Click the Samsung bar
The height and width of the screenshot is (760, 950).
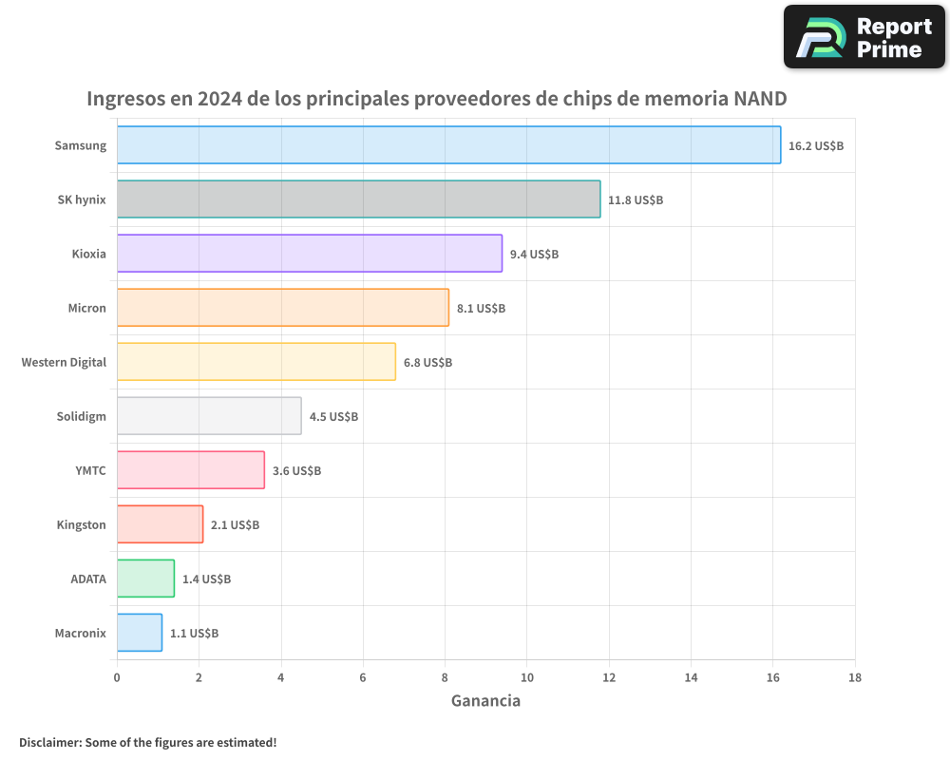click(x=448, y=145)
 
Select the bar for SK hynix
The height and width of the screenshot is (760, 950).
click(x=358, y=199)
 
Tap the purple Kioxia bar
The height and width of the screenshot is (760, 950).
click(x=309, y=254)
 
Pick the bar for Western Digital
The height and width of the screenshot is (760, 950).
click(x=256, y=362)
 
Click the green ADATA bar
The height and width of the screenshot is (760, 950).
click(x=145, y=579)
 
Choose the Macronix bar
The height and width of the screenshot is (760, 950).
click(x=140, y=633)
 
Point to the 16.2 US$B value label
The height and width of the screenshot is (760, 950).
click(x=816, y=146)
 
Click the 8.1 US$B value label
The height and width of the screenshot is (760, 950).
click(x=481, y=309)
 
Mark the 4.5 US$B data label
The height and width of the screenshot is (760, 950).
click(x=333, y=417)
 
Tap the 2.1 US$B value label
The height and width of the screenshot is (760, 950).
click(x=235, y=525)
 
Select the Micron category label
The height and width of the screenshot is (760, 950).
click(x=86, y=308)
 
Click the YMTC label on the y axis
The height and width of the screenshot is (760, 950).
click(x=90, y=470)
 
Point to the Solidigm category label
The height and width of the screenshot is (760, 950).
click(x=81, y=416)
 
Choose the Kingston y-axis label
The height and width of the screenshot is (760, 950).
click(x=82, y=524)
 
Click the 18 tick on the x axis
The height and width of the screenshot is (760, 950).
click(x=855, y=677)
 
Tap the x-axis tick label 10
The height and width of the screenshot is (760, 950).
click(x=526, y=677)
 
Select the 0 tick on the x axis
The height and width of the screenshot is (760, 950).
click(x=117, y=677)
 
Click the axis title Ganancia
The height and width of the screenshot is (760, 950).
click(x=485, y=701)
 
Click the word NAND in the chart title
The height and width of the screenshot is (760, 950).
click(x=760, y=99)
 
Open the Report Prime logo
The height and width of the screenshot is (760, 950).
click(x=864, y=37)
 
